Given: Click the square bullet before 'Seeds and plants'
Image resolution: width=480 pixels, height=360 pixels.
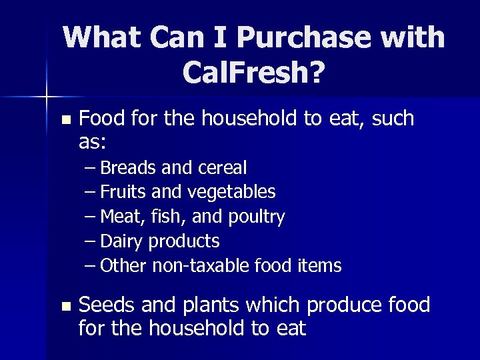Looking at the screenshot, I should click(x=65, y=307).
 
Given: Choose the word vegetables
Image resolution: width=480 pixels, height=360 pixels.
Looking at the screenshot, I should click(x=231, y=193).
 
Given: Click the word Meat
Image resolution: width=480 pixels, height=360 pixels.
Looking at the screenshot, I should click(x=122, y=217).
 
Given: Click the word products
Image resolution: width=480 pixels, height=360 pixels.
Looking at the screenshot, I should click(x=184, y=241).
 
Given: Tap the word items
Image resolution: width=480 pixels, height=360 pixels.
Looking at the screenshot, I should click(x=318, y=266).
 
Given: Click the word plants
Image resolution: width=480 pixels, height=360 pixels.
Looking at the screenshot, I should click(x=209, y=307).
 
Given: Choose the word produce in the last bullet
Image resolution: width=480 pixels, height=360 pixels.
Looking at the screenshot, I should click(x=345, y=307).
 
